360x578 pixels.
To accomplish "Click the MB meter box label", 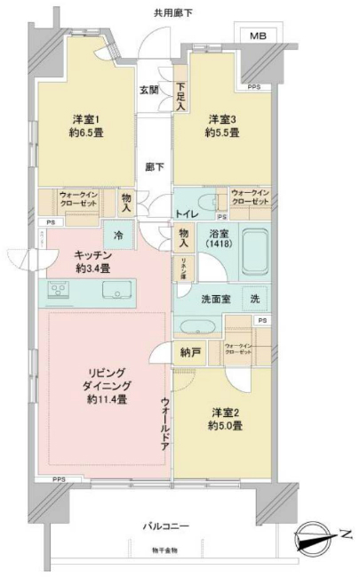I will pos(257,36).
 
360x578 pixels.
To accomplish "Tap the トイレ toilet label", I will pos(186,214).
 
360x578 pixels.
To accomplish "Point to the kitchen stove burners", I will pos(60,290).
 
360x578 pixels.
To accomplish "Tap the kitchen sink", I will pos(116,291).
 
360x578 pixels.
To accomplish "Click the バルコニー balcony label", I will pos(165,527).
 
